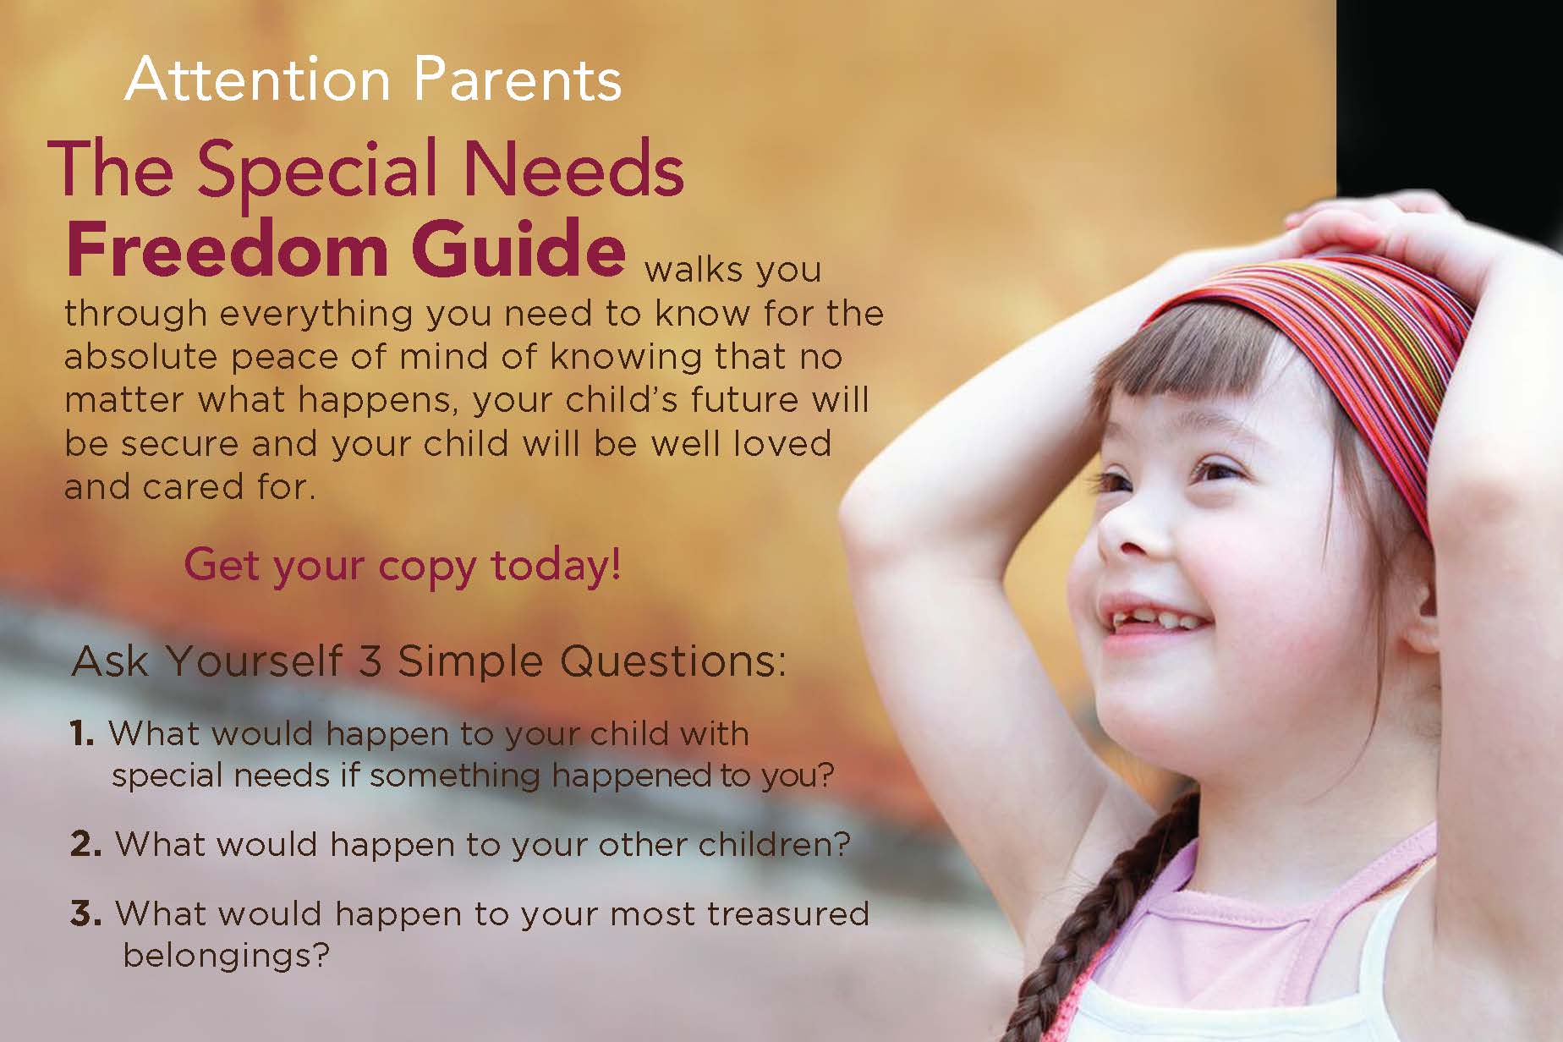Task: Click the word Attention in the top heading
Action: pos(257,80)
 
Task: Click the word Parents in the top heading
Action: pos(518,80)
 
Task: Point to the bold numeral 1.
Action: pos(82,734)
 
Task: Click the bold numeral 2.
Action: pos(86,845)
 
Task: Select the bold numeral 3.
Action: pos(86,914)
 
